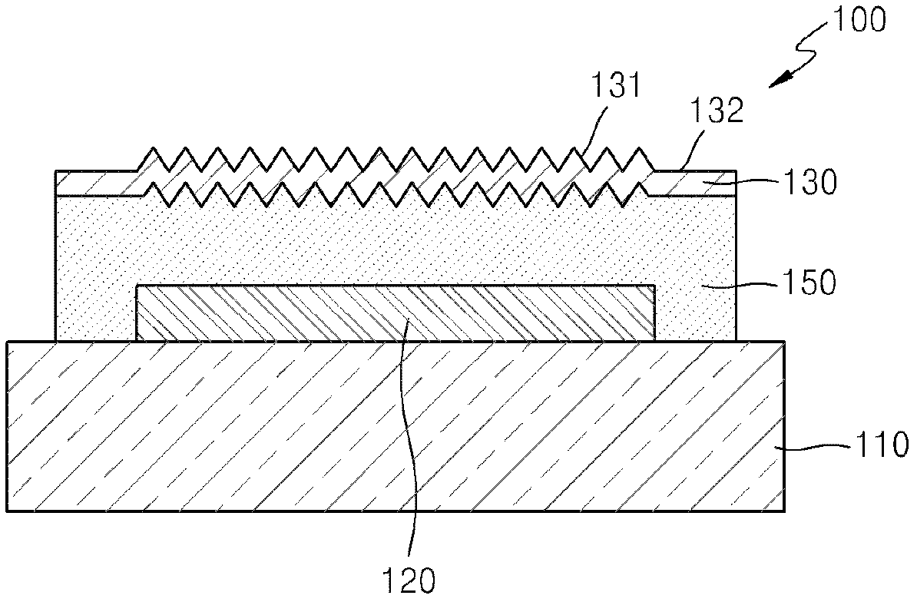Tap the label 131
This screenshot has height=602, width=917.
pyautogui.click(x=616, y=85)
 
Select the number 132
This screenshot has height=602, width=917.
pyautogui.click(x=717, y=111)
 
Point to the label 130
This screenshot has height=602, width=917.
pyautogui.click(x=810, y=183)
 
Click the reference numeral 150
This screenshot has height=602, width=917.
pyautogui.click(x=810, y=283)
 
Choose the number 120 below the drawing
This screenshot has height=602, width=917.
pyautogui.click(x=409, y=580)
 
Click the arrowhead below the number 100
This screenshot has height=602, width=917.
pyautogui.click(x=780, y=80)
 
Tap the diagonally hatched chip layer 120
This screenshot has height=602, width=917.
pyautogui.click(x=396, y=313)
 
